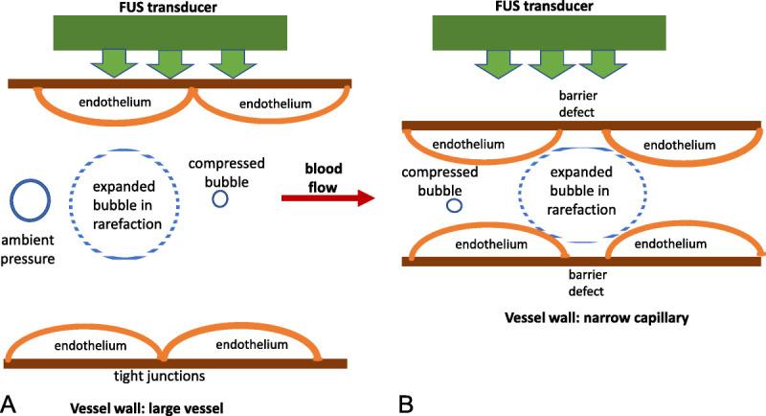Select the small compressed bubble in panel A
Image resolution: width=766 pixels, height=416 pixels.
(x=220, y=199)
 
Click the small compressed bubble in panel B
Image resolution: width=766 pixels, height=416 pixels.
(x=455, y=205)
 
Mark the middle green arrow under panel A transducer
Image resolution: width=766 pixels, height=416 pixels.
(x=166, y=62)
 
